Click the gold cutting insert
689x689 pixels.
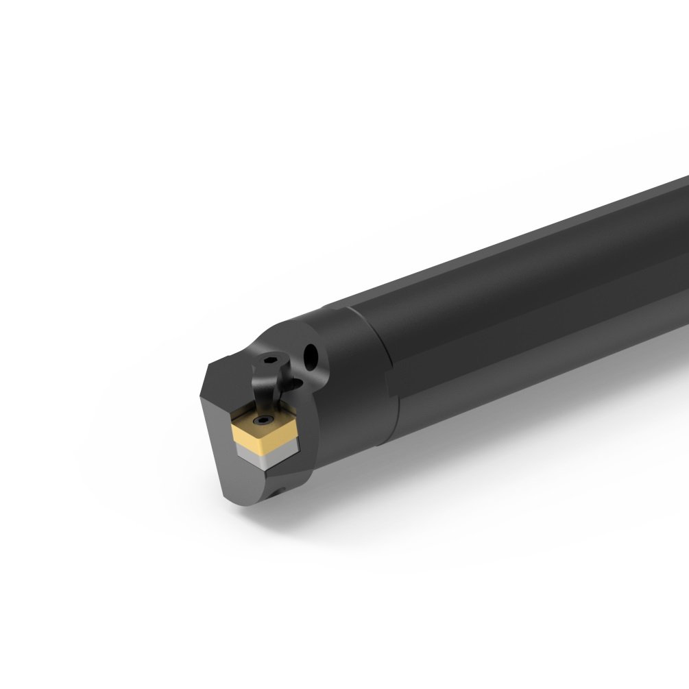click(x=265, y=428)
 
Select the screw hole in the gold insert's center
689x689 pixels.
click(x=263, y=420)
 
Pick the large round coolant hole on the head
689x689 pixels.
click(x=313, y=355)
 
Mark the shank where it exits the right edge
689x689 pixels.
click(x=675, y=261)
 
